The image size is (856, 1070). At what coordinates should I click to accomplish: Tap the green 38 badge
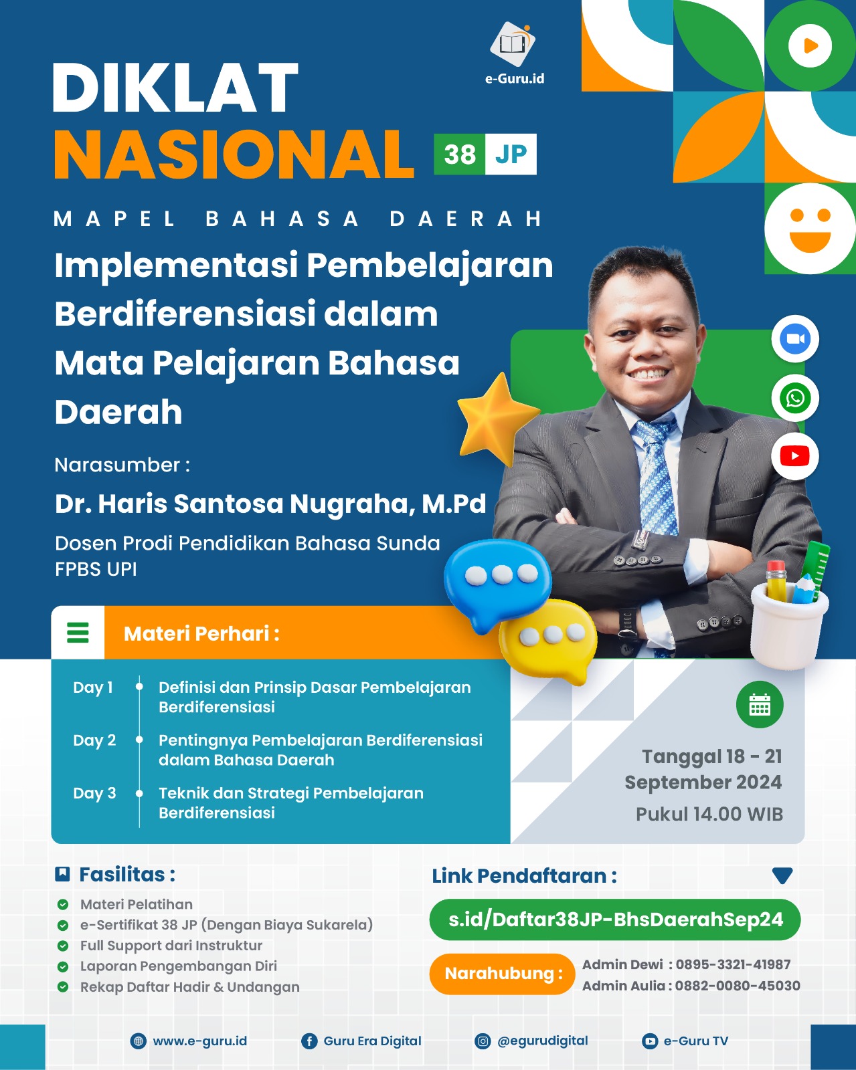(459, 154)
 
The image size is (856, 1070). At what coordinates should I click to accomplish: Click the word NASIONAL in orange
(234, 154)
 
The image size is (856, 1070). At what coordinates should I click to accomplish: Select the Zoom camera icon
(794, 339)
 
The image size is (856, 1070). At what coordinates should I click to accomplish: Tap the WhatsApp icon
(794, 399)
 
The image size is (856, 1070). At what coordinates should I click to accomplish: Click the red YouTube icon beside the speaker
(794, 456)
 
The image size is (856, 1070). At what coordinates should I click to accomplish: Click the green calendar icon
(759, 705)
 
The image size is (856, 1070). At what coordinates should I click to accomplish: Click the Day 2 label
(94, 740)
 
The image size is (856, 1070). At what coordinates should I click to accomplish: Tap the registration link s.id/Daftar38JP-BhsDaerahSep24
(614, 920)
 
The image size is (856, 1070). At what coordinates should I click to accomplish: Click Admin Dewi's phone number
(733, 964)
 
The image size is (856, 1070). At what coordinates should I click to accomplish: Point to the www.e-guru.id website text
(199, 1041)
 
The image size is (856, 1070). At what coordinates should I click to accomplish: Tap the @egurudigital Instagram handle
(542, 1041)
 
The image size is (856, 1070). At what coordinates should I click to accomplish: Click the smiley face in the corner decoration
(810, 229)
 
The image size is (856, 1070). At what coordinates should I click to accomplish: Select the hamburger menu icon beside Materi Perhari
(78, 633)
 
